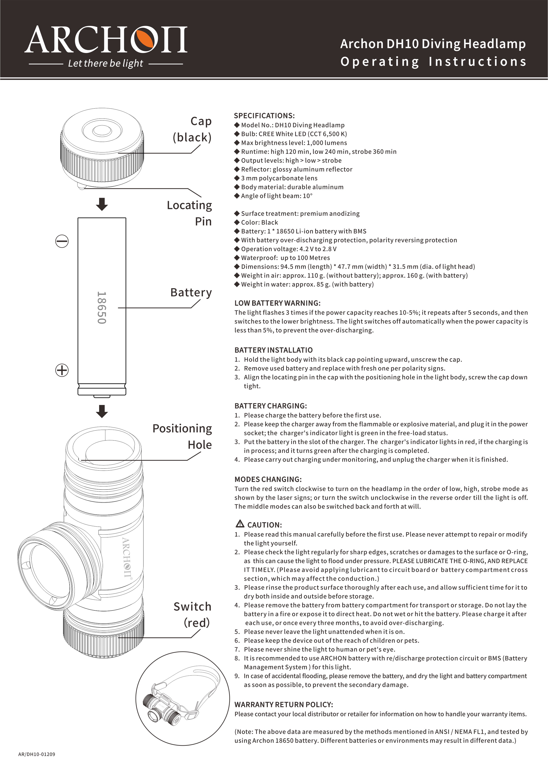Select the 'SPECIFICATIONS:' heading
pos(264,116)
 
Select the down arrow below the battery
pos(102,411)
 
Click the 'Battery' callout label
pos(191,292)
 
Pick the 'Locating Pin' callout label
pos(189,213)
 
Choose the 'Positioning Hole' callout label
pos(182,436)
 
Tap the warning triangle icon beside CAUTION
pos(240,524)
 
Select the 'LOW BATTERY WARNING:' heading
pos(277,303)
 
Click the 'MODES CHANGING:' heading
pos(268,479)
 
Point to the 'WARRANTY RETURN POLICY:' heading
pos(283,705)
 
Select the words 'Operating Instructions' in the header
pos(433,62)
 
